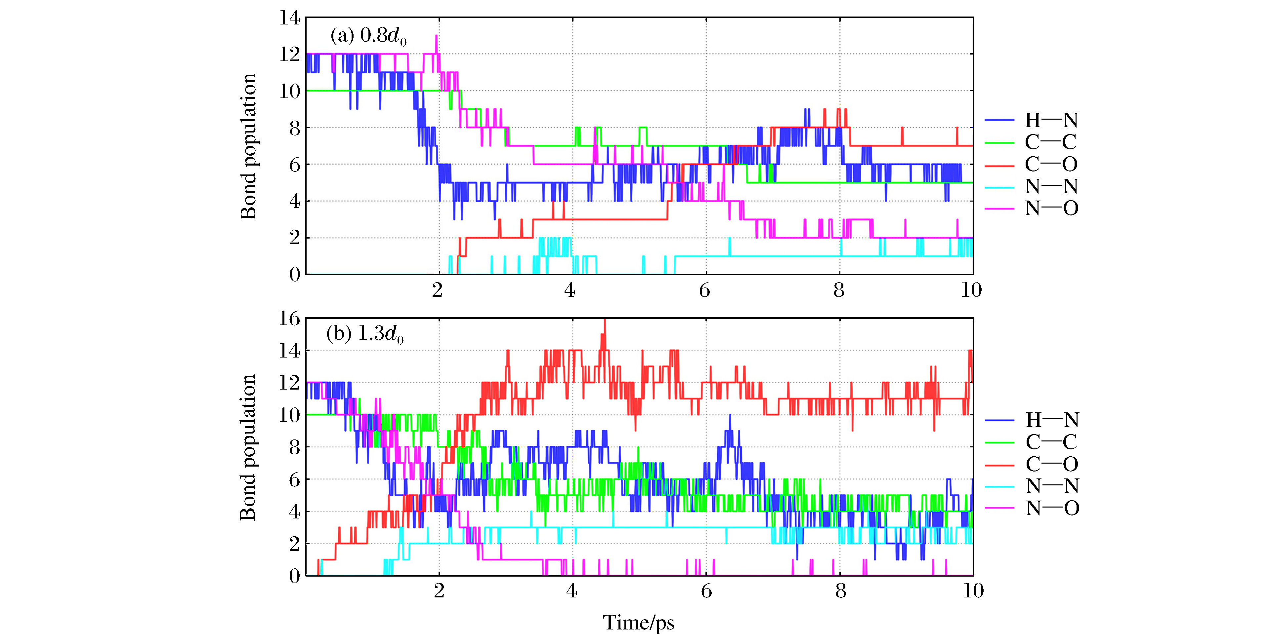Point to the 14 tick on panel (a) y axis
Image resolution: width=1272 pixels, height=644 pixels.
click(290, 18)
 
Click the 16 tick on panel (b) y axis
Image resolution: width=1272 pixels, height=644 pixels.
click(290, 319)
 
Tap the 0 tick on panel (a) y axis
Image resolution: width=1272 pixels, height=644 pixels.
click(295, 274)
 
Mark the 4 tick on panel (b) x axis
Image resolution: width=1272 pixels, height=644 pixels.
click(571, 591)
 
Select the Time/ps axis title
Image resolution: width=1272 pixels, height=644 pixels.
click(638, 623)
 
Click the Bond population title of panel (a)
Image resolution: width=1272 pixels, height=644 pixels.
click(248, 147)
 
